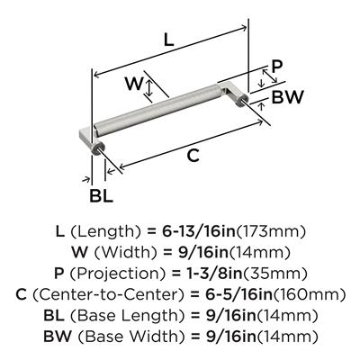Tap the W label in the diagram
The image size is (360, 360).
point(133,84)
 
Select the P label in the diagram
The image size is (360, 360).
point(276,67)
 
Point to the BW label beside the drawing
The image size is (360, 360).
point(288,97)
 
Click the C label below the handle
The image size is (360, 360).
point(193,156)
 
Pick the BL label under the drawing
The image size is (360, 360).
point(101,196)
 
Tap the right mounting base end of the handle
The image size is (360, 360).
point(234,93)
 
